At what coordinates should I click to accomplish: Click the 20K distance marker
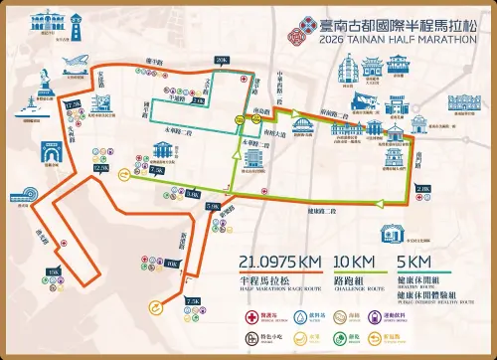point(221,61)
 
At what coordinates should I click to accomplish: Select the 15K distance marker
point(54,270)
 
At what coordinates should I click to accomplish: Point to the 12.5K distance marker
point(100,169)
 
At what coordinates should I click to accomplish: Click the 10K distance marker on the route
point(173,264)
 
